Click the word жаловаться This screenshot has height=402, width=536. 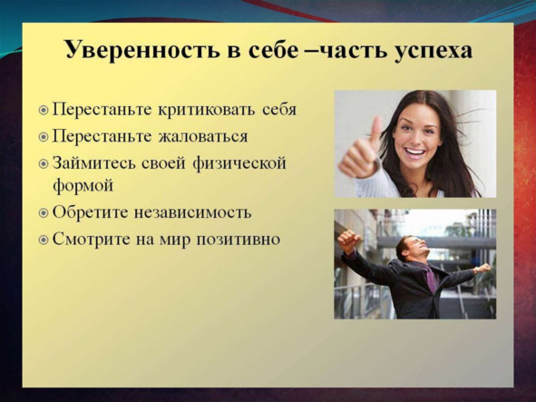pyautogui.click(x=202, y=136)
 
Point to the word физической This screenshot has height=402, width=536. pyautogui.click(x=239, y=163)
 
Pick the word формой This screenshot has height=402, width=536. pyautogui.click(x=83, y=186)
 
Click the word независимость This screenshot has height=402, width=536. pyautogui.click(x=192, y=213)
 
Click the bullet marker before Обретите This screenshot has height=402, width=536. pyautogui.click(x=43, y=214)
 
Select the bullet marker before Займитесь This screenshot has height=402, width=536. pyautogui.click(x=43, y=164)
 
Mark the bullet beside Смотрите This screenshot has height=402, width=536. pyautogui.click(x=43, y=240)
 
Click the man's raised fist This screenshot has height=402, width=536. pyautogui.click(x=347, y=240)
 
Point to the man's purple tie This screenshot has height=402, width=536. pyautogui.click(x=431, y=278)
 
